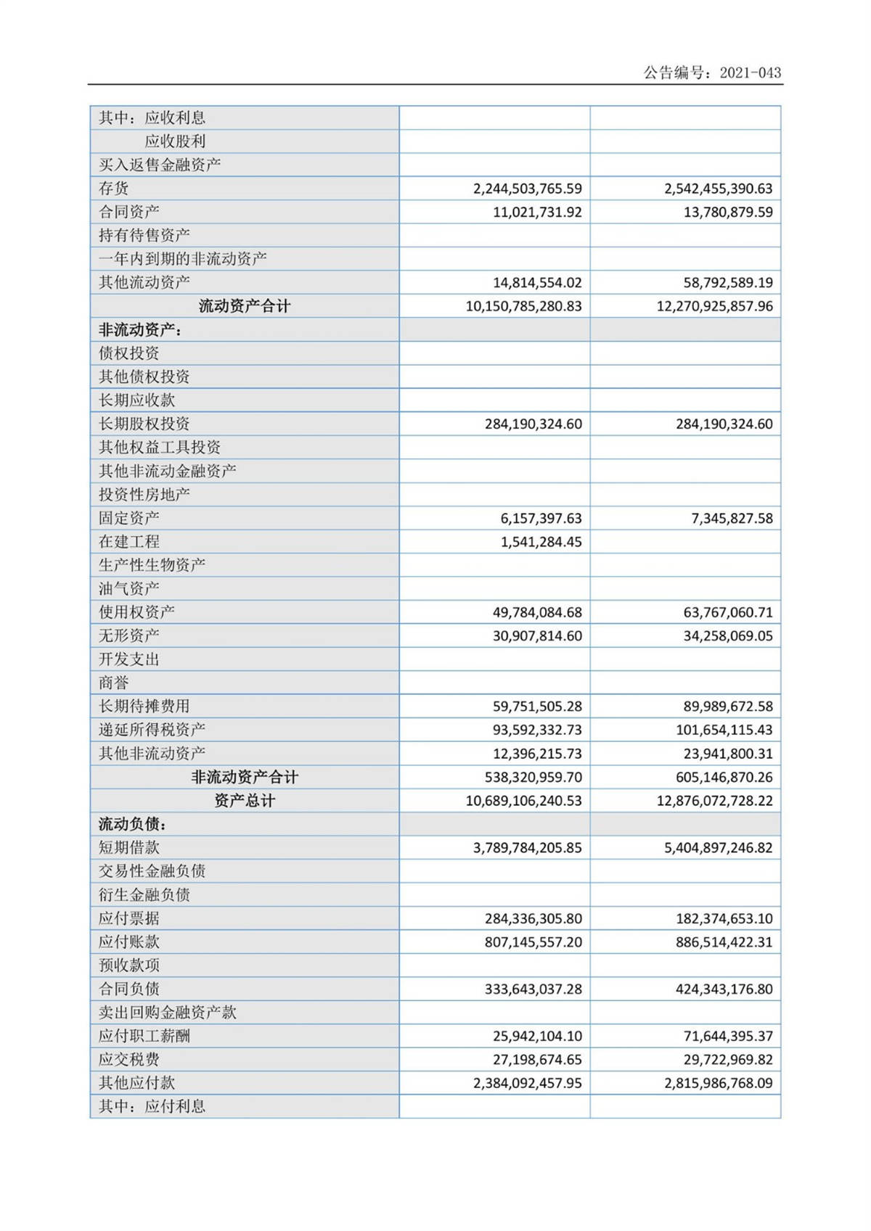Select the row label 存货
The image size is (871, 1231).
coord(114,189)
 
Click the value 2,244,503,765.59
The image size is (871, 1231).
coord(527,189)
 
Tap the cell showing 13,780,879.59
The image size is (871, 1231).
coord(728,213)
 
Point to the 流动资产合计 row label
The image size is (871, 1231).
coord(244,306)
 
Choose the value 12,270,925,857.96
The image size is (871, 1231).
coord(714,306)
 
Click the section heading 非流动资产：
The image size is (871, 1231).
coord(140,330)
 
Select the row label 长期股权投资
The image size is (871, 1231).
coord(144,424)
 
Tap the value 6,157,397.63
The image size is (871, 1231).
coord(541,518)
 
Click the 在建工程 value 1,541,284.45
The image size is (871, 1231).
coord(541,542)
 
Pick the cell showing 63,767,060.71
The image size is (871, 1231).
coord(728,612)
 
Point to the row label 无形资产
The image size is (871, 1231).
coord(129,635)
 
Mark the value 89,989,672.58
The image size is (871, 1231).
coord(728,707)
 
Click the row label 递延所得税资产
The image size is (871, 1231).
coord(152,730)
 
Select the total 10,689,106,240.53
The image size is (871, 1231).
coord(523,801)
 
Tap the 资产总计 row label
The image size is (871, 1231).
coord(244,801)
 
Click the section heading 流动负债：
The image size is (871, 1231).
coord(133,824)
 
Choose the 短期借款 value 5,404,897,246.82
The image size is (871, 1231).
coord(718,848)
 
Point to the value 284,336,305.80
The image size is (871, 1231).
coord(533,918)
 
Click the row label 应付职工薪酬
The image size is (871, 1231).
coord(144,1036)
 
